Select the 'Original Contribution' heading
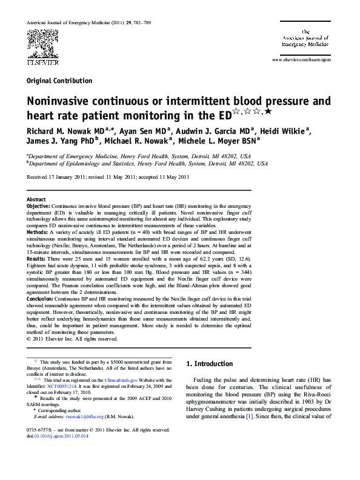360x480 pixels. tap(59, 81)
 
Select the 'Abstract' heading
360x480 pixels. tap(36, 199)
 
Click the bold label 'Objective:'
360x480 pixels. tap(42, 206)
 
